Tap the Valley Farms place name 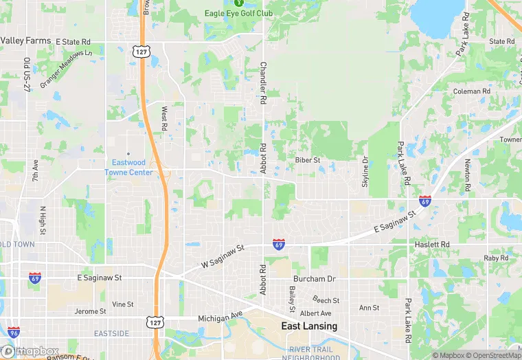(x=25, y=41)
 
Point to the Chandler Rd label (x=263, y=83)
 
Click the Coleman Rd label (x=472, y=91)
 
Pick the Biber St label (x=308, y=160)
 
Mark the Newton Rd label (x=467, y=175)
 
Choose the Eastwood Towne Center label (x=128, y=168)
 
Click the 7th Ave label (x=35, y=172)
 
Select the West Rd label (x=164, y=118)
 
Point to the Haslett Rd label (x=432, y=245)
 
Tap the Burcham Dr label (x=314, y=279)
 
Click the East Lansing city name (x=309, y=326)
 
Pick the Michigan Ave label (x=220, y=318)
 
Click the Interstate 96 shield (x=14, y=333)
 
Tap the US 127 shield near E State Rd (x=141, y=52)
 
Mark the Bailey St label (x=291, y=300)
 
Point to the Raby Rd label (x=495, y=258)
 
